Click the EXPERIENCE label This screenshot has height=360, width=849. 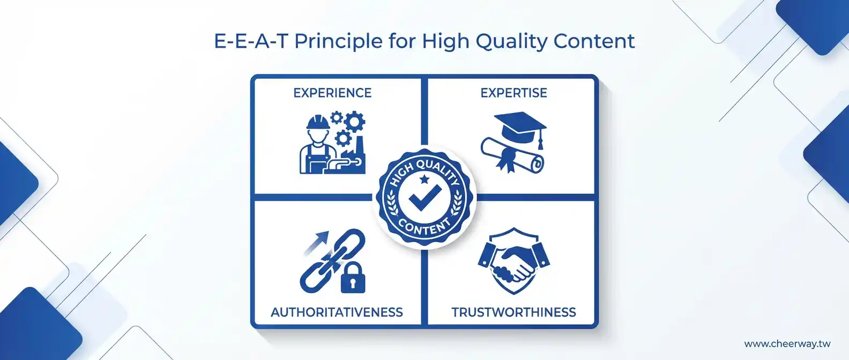click(x=332, y=93)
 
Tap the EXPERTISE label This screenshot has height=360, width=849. click(x=513, y=93)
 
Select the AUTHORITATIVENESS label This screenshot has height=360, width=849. click(x=337, y=312)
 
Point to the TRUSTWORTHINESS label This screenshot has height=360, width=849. click(x=513, y=312)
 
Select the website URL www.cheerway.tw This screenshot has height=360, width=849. click(x=787, y=344)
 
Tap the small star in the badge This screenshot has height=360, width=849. click(x=424, y=178)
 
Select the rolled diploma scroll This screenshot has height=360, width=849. click(x=512, y=155)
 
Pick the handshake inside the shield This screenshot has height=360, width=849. click(x=513, y=262)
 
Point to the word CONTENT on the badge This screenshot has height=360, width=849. click(x=424, y=227)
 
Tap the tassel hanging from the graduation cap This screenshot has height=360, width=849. click(x=541, y=140)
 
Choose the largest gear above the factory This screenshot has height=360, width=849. click(x=354, y=121)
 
